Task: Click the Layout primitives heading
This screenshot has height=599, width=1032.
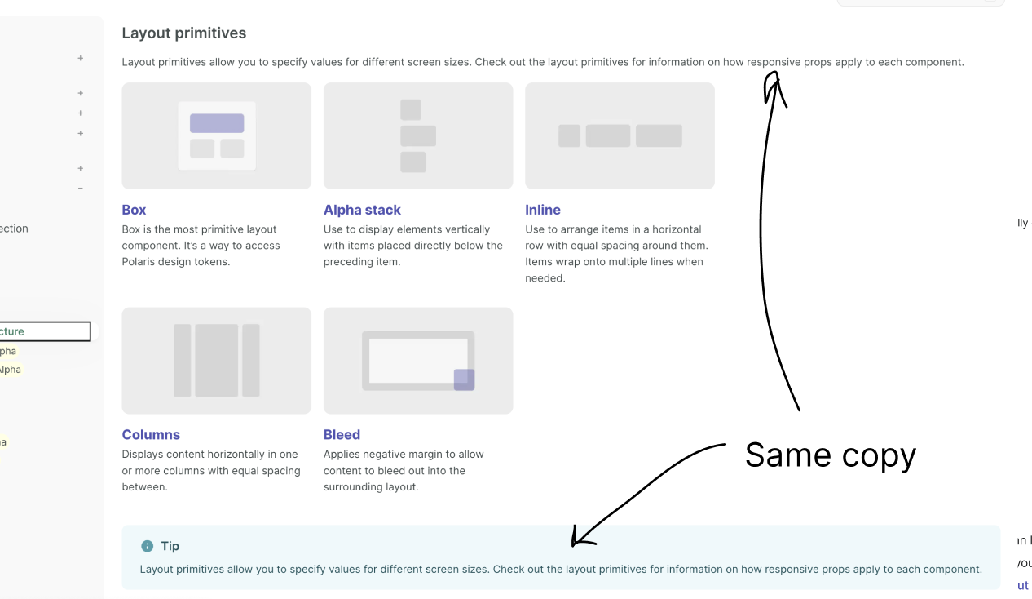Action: pos(184,33)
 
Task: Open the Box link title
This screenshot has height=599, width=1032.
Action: pos(135,210)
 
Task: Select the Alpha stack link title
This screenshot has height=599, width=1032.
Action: pos(362,210)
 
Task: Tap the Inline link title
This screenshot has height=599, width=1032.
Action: pos(543,210)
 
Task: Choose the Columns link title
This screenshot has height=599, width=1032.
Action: pos(151,435)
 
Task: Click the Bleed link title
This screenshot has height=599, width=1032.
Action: pos(342,435)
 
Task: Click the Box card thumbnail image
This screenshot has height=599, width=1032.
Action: pos(217,135)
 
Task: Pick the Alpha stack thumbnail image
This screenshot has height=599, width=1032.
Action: pos(418,135)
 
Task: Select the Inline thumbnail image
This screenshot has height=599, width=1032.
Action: pos(620,135)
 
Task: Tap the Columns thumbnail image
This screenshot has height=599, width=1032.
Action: pos(217,361)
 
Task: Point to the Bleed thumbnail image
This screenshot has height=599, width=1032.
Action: pos(418,361)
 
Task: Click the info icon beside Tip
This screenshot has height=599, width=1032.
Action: pos(147,546)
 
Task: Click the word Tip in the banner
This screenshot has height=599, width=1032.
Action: pos(170,546)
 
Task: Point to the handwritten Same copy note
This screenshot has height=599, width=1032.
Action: pos(830,455)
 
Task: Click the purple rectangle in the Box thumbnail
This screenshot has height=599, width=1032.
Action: pos(217,123)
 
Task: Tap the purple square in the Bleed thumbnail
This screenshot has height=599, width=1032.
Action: pos(464,379)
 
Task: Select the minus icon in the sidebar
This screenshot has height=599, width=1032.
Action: pos(81,189)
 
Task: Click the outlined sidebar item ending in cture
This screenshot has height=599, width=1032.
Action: pos(45,331)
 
